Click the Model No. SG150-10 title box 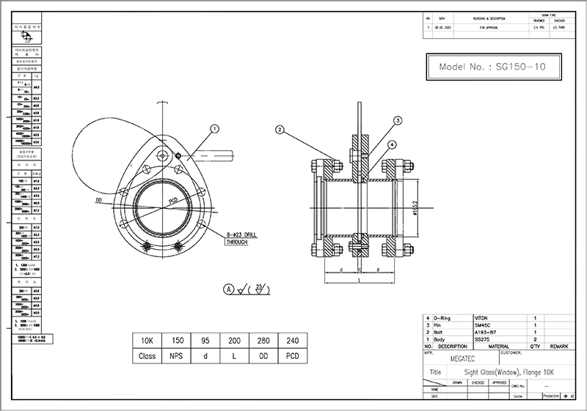[490, 67]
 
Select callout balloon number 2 [280, 130]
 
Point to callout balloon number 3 [397, 120]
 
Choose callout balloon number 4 [393, 144]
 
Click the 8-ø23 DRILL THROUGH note [240, 237]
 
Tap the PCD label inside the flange [174, 199]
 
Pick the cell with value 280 [263, 341]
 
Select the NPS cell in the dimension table [176, 357]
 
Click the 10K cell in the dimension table [147, 341]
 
